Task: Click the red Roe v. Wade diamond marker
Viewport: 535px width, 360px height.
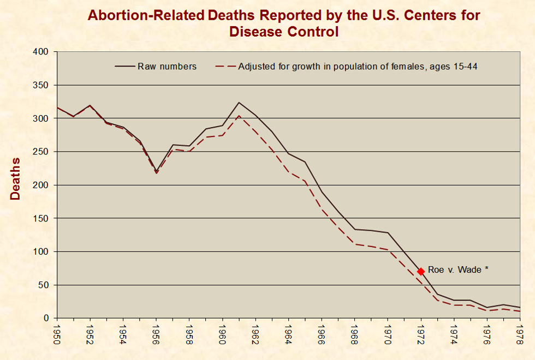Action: click(421, 271)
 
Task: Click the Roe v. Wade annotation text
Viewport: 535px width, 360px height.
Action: click(457, 270)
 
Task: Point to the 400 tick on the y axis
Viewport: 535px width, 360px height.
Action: click(42, 52)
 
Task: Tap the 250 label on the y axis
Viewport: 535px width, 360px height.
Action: click(42, 152)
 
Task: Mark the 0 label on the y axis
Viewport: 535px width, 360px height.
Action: click(46, 318)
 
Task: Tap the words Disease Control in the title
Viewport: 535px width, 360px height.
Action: click(284, 31)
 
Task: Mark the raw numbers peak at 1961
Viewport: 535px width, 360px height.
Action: click(239, 103)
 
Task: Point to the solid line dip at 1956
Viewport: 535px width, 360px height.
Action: click(156, 171)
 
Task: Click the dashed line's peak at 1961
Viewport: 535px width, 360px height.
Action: click(239, 116)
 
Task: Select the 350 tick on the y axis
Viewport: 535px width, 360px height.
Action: click(42, 85)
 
